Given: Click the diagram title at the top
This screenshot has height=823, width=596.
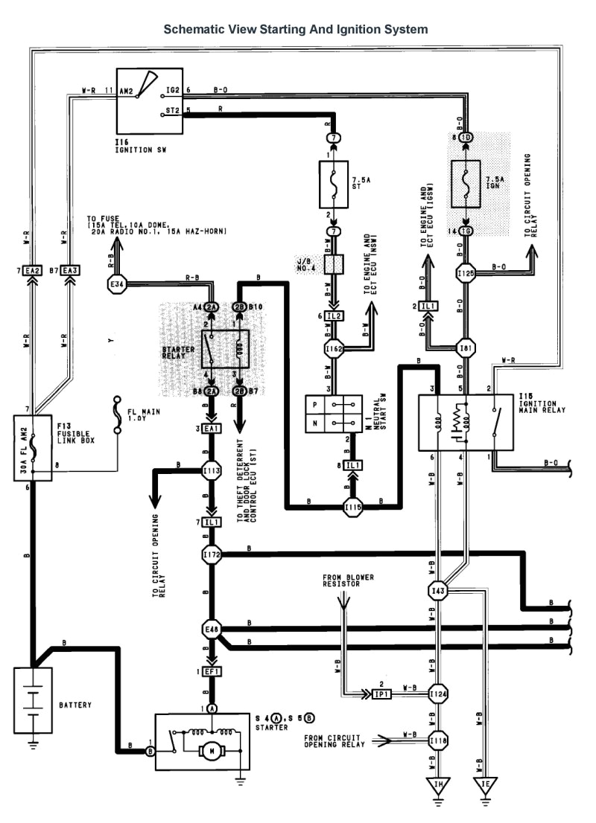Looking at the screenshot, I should [x=296, y=30].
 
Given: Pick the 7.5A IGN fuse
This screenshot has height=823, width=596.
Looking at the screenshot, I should [x=468, y=185].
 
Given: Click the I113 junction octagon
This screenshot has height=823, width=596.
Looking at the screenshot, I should [x=212, y=470].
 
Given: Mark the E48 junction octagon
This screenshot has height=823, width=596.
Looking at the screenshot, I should [x=212, y=631].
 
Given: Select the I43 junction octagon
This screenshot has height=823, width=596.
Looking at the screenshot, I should [x=438, y=591].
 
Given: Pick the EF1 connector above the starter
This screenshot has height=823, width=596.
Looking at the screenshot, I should [x=212, y=672].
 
